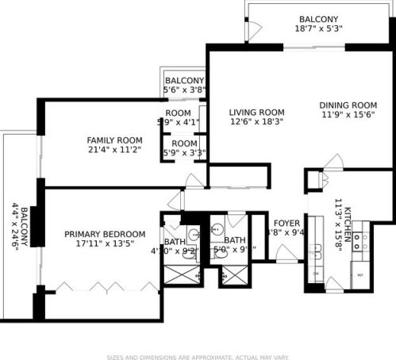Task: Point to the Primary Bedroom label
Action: pyautogui.click(x=105, y=234)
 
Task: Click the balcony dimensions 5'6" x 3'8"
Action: pyautogui.click(x=184, y=90)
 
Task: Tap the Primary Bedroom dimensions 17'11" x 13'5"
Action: pyautogui.click(x=105, y=245)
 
